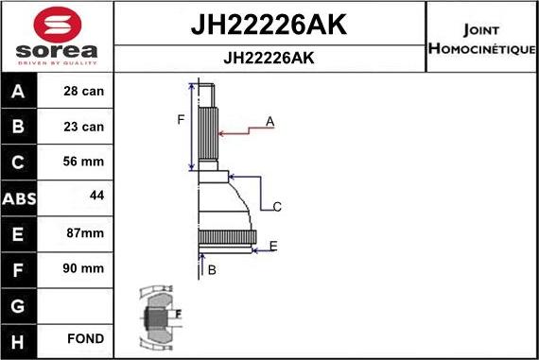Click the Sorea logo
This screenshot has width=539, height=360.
coord(56,37)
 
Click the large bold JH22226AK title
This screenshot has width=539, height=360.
coord(269,26)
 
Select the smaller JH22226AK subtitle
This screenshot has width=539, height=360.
coord(269,58)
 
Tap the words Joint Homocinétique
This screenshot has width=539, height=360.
coord(482,37)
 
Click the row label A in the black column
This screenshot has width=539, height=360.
coord(20,93)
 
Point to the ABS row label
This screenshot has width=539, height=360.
coord(20,198)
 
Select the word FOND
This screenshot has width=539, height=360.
coord(85,338)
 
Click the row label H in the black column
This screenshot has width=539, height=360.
coord(20,338)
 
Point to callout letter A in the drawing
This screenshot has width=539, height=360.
coord(269,122)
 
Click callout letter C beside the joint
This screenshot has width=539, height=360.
coord(277,206)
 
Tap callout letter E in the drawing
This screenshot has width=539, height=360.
coord(273,246)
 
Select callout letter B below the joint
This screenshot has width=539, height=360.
coord(212,270)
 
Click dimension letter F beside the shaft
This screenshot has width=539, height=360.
coord(181,119)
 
